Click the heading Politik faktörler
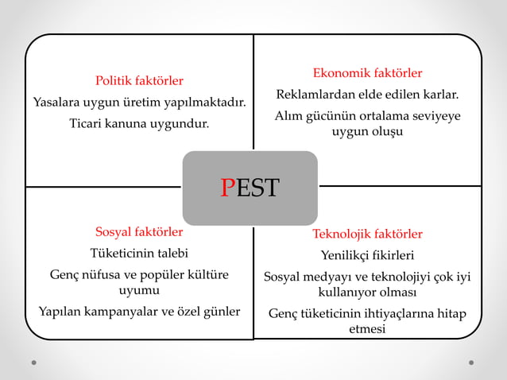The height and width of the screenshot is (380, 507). [x=139, y=80]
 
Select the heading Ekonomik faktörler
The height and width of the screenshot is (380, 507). [x=367, y=73]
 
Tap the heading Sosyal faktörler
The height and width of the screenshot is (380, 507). [x=139, y=232]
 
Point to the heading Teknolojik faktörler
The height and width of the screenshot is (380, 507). [x=367, y=234]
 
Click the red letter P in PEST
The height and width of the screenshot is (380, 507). [x=228, y=188]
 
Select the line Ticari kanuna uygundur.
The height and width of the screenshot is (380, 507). [x=139, y=123]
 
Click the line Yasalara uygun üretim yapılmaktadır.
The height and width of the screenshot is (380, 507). [x=139, y=102]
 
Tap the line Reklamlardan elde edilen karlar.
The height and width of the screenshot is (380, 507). [x=367, y=95]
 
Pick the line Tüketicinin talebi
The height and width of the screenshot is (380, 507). [x=139, y=254]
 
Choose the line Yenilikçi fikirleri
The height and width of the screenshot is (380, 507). [x=367, y=255]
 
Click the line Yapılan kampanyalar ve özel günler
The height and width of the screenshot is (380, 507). [x=139, y=311]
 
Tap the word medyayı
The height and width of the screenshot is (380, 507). [x=327, y=277]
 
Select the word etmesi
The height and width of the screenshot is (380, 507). [x=367, y=328]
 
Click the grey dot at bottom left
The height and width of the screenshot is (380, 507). [x=33, y=363]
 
